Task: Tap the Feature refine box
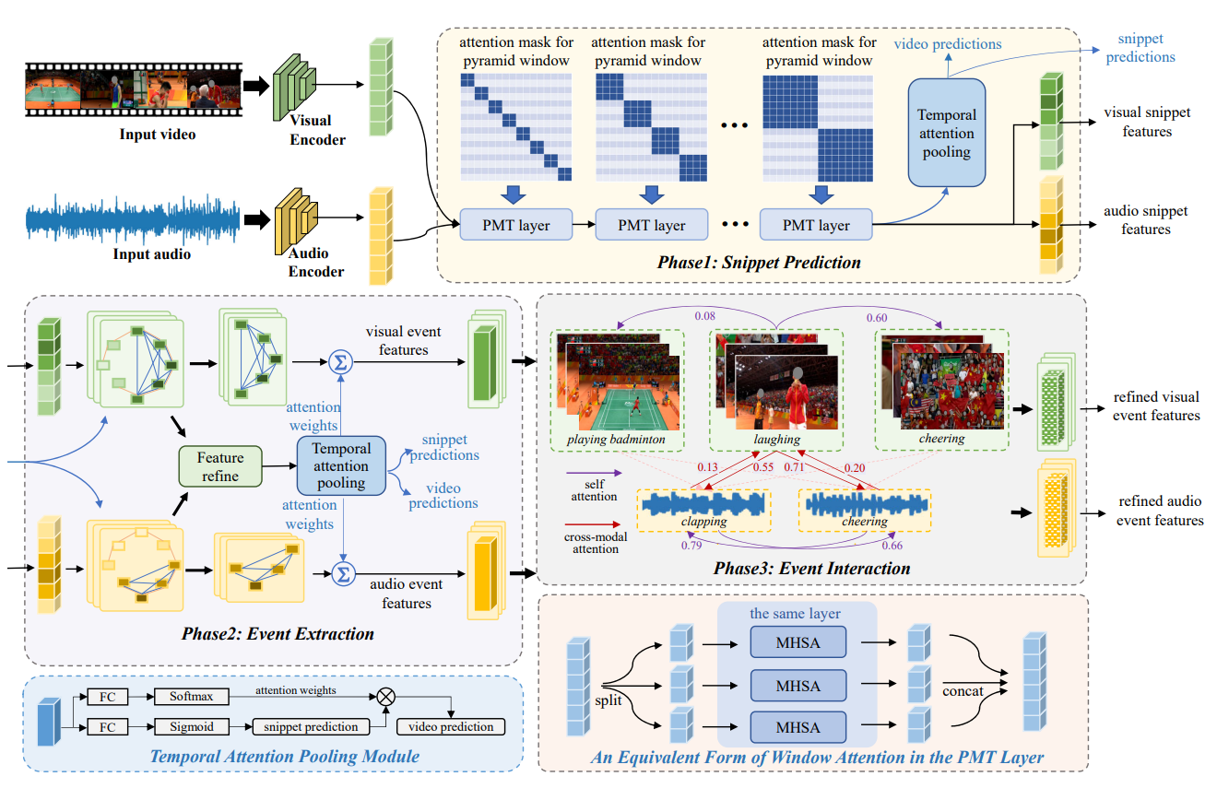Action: click(x=220, y=466)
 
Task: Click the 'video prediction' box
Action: click(x=451, y=726)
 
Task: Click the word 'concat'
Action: click(x=963, y=691)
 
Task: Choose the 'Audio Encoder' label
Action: click(x=316, y=263)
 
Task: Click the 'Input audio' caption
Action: click(x=152, y=253)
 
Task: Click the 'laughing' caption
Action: click(x=776, y=439)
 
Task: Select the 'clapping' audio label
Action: click(x=703, y=521)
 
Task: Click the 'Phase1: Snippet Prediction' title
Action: click(x=759, y=263)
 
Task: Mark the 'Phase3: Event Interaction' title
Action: click(x=811, y=568)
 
